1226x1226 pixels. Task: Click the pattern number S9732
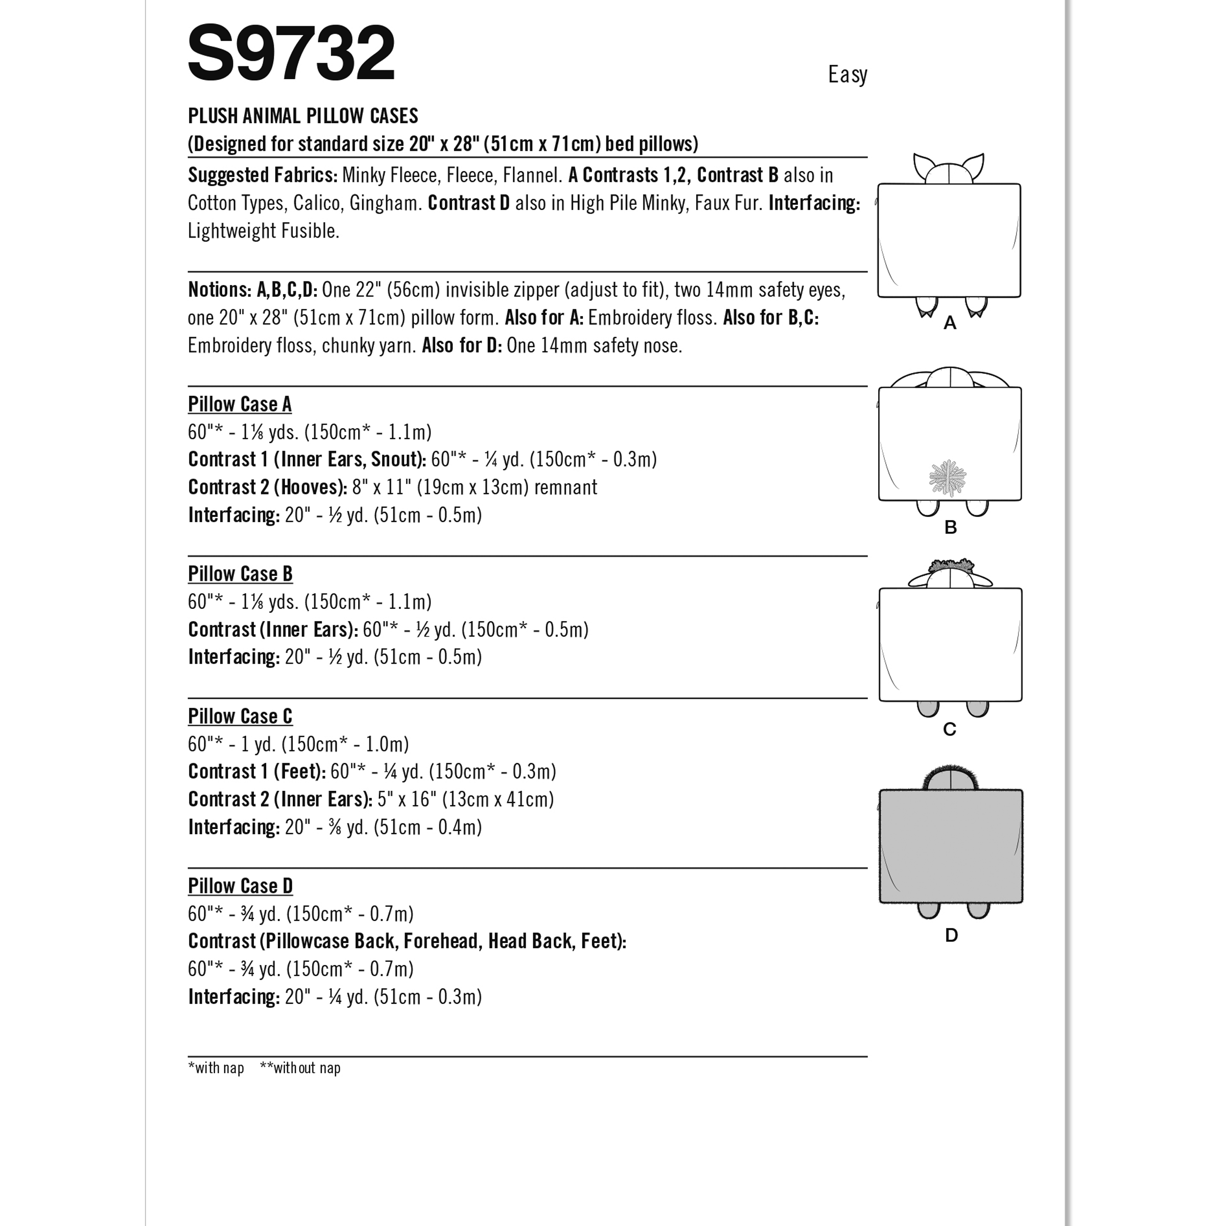(x=291, y=53)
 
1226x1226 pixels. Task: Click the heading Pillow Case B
(x=240, y=574)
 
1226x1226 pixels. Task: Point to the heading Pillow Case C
(x=240, y=716)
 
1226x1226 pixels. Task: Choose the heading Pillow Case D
(x=240, y=885)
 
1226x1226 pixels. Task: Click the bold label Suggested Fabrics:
(x=263, y=175)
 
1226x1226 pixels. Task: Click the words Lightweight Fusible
(x=264, y=231)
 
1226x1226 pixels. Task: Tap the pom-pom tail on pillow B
(x=948, y=477)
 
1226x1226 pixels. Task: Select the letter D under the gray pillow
(x=951, y=935)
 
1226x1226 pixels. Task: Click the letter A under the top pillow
(x=949, y=323)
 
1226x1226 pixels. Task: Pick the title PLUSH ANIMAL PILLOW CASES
(x=303, y=116)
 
